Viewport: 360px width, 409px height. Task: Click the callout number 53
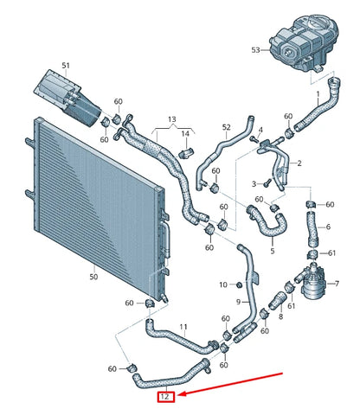click(256, 50)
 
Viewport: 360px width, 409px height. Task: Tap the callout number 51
click(67, 66)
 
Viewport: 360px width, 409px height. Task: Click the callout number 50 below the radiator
click(94, 277)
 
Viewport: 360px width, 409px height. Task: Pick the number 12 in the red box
click(164, 397)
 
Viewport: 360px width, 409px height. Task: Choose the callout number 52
click(226, 127)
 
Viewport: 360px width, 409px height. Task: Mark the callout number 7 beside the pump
click(337, 284)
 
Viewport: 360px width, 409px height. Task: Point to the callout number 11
click(183, 327)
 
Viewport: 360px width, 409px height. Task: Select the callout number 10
click(223, 284)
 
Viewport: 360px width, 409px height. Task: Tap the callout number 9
click(238, 302)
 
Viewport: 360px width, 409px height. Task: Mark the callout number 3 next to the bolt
click(254, 184)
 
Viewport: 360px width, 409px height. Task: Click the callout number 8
click(280, 318)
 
